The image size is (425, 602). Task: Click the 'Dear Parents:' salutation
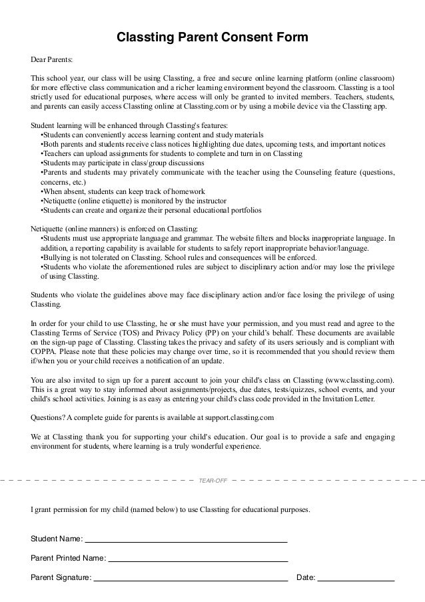coord(53,59)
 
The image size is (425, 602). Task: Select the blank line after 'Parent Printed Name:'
coord(198,559)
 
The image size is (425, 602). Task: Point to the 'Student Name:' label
coord(57,538)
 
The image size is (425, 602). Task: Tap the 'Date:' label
coord(305,577)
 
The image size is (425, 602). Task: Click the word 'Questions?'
coord(48,418)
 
